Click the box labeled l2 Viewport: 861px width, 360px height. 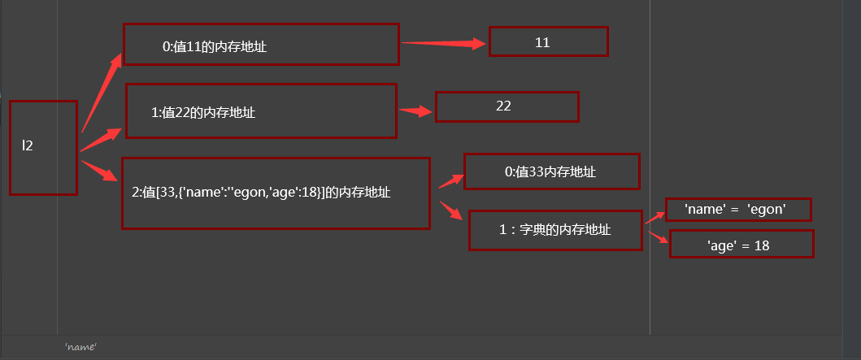(x=43, y=147)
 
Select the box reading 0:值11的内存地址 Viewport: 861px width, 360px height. (x=261, y=44)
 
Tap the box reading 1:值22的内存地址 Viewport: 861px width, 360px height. (x=260, y=111)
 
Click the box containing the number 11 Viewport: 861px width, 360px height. (x=548, y=41)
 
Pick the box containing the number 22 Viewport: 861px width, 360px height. (x=507, y=106)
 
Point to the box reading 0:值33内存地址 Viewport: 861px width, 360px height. (x=551, y=171)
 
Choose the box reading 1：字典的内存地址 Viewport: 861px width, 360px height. (x=555, y=230)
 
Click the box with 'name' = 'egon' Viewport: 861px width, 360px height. (x=737, y=210)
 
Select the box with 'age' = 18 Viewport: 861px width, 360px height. (x=741, y=244)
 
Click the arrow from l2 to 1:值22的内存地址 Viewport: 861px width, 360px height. (x=102, y=139)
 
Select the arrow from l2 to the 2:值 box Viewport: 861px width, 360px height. (x=100, y=171)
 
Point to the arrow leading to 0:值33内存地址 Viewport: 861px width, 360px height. (x=450, y=180)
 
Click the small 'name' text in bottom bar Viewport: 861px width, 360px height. (x=81, y=347)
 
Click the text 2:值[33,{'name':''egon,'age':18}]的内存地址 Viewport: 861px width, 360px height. (x=261, y=193)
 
